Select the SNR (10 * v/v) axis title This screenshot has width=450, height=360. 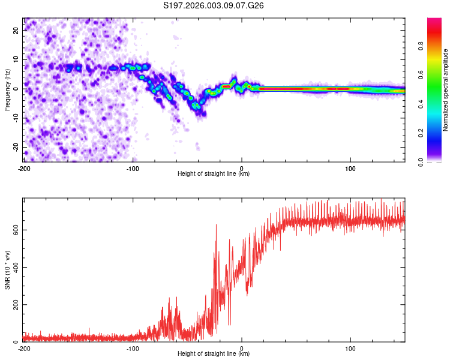pyautogui.click(x=7, y=271)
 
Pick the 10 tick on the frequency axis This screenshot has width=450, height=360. pyautogui.click(x=17, y=59)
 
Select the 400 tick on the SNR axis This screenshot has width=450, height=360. pyautogui.click(x=14, y=267)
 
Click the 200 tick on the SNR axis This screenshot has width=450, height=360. pyautogui.click(x=14, y=305)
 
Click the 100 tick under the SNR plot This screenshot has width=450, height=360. pyautogui.click(x=351, y=348)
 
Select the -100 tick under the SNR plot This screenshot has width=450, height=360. pyautogui.click(x=133, y=348)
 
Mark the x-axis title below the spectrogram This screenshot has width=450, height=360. pyautogui.click(x=214, y=174)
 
